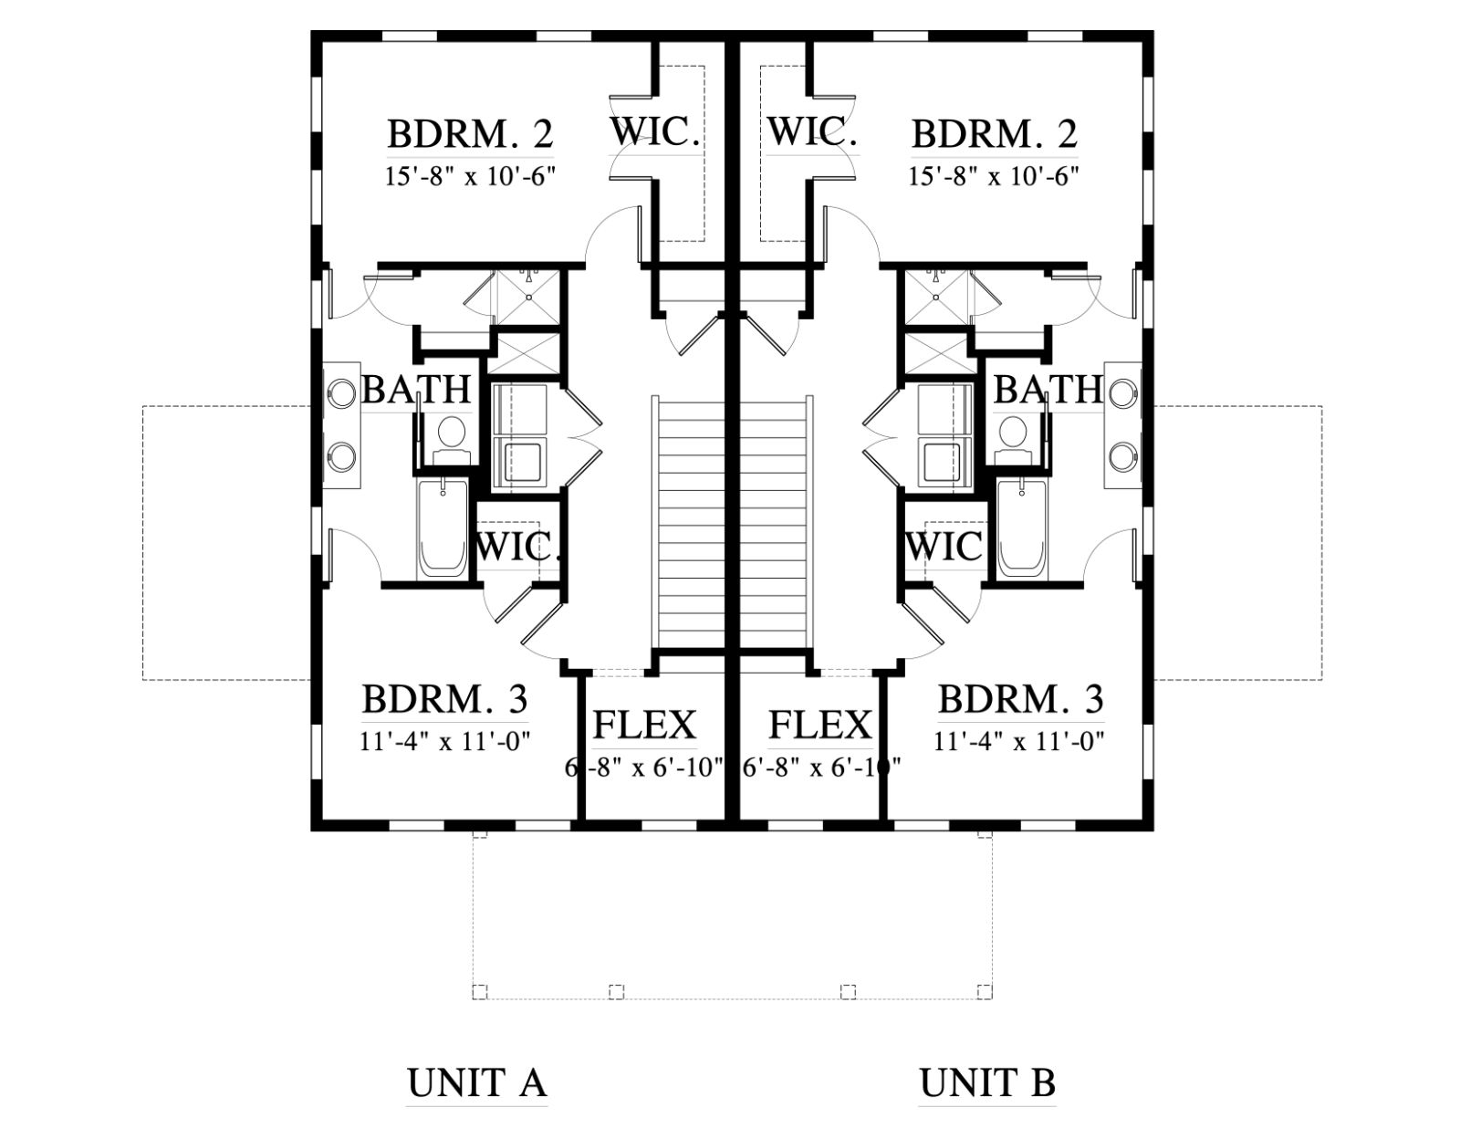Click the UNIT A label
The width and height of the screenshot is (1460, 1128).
point(476,1083)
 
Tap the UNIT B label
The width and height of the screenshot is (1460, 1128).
point(987,1083)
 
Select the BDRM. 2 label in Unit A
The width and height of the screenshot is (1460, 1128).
point(470,133)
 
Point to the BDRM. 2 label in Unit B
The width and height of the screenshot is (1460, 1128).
point(995,133)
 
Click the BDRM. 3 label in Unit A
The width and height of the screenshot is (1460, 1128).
point(444,699)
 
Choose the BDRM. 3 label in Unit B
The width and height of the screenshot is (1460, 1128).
point(1020,699)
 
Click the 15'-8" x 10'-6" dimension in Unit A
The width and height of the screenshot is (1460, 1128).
point(470,176)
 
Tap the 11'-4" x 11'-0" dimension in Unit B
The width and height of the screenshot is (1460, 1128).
point(1019,741)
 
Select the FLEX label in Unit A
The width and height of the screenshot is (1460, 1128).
point(644,725)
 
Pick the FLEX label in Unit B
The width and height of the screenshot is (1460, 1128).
point(819,725)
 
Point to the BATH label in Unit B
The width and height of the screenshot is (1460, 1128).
point(1048,389)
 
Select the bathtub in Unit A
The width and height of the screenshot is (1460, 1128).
point(442,528)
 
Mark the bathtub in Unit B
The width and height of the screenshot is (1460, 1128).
point(1022,528)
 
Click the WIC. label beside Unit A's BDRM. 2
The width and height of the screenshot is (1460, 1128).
point(655,131)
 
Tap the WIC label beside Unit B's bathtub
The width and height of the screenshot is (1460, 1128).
point(944,546)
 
